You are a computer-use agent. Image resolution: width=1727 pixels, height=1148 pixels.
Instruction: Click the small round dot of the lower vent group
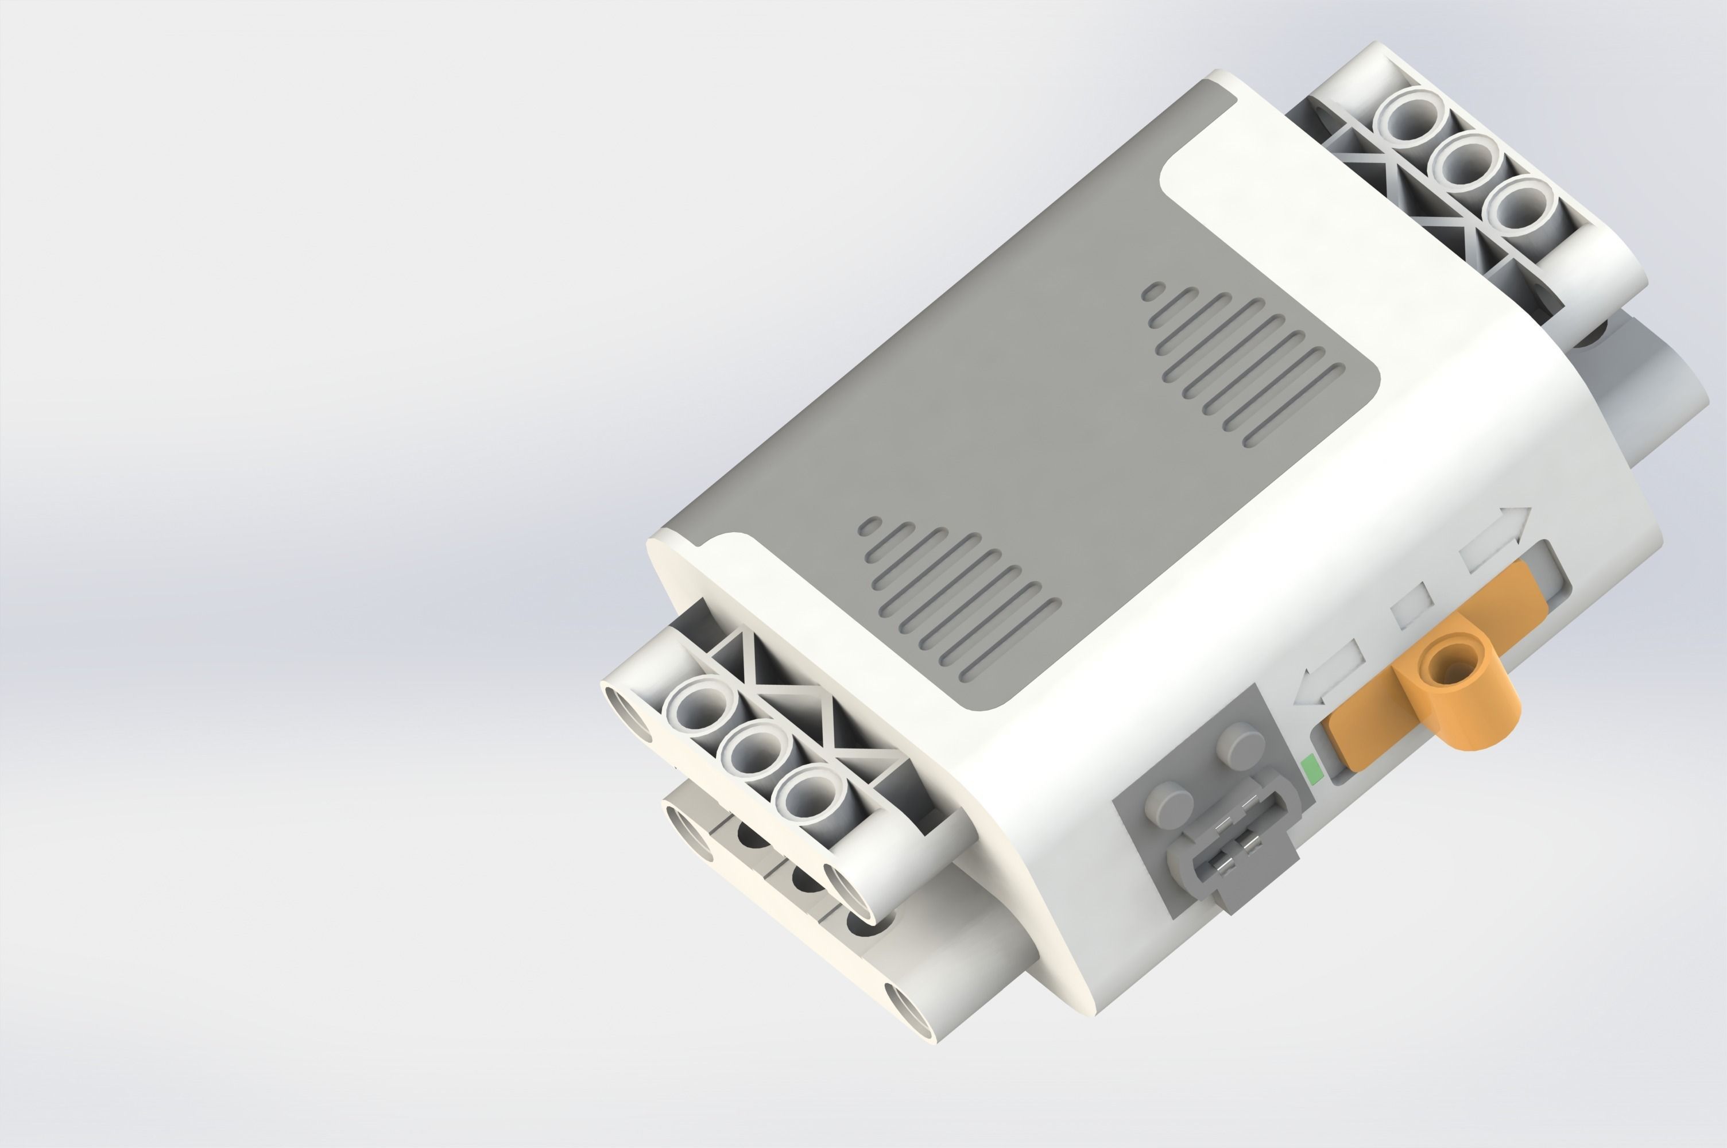coord(870,526)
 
